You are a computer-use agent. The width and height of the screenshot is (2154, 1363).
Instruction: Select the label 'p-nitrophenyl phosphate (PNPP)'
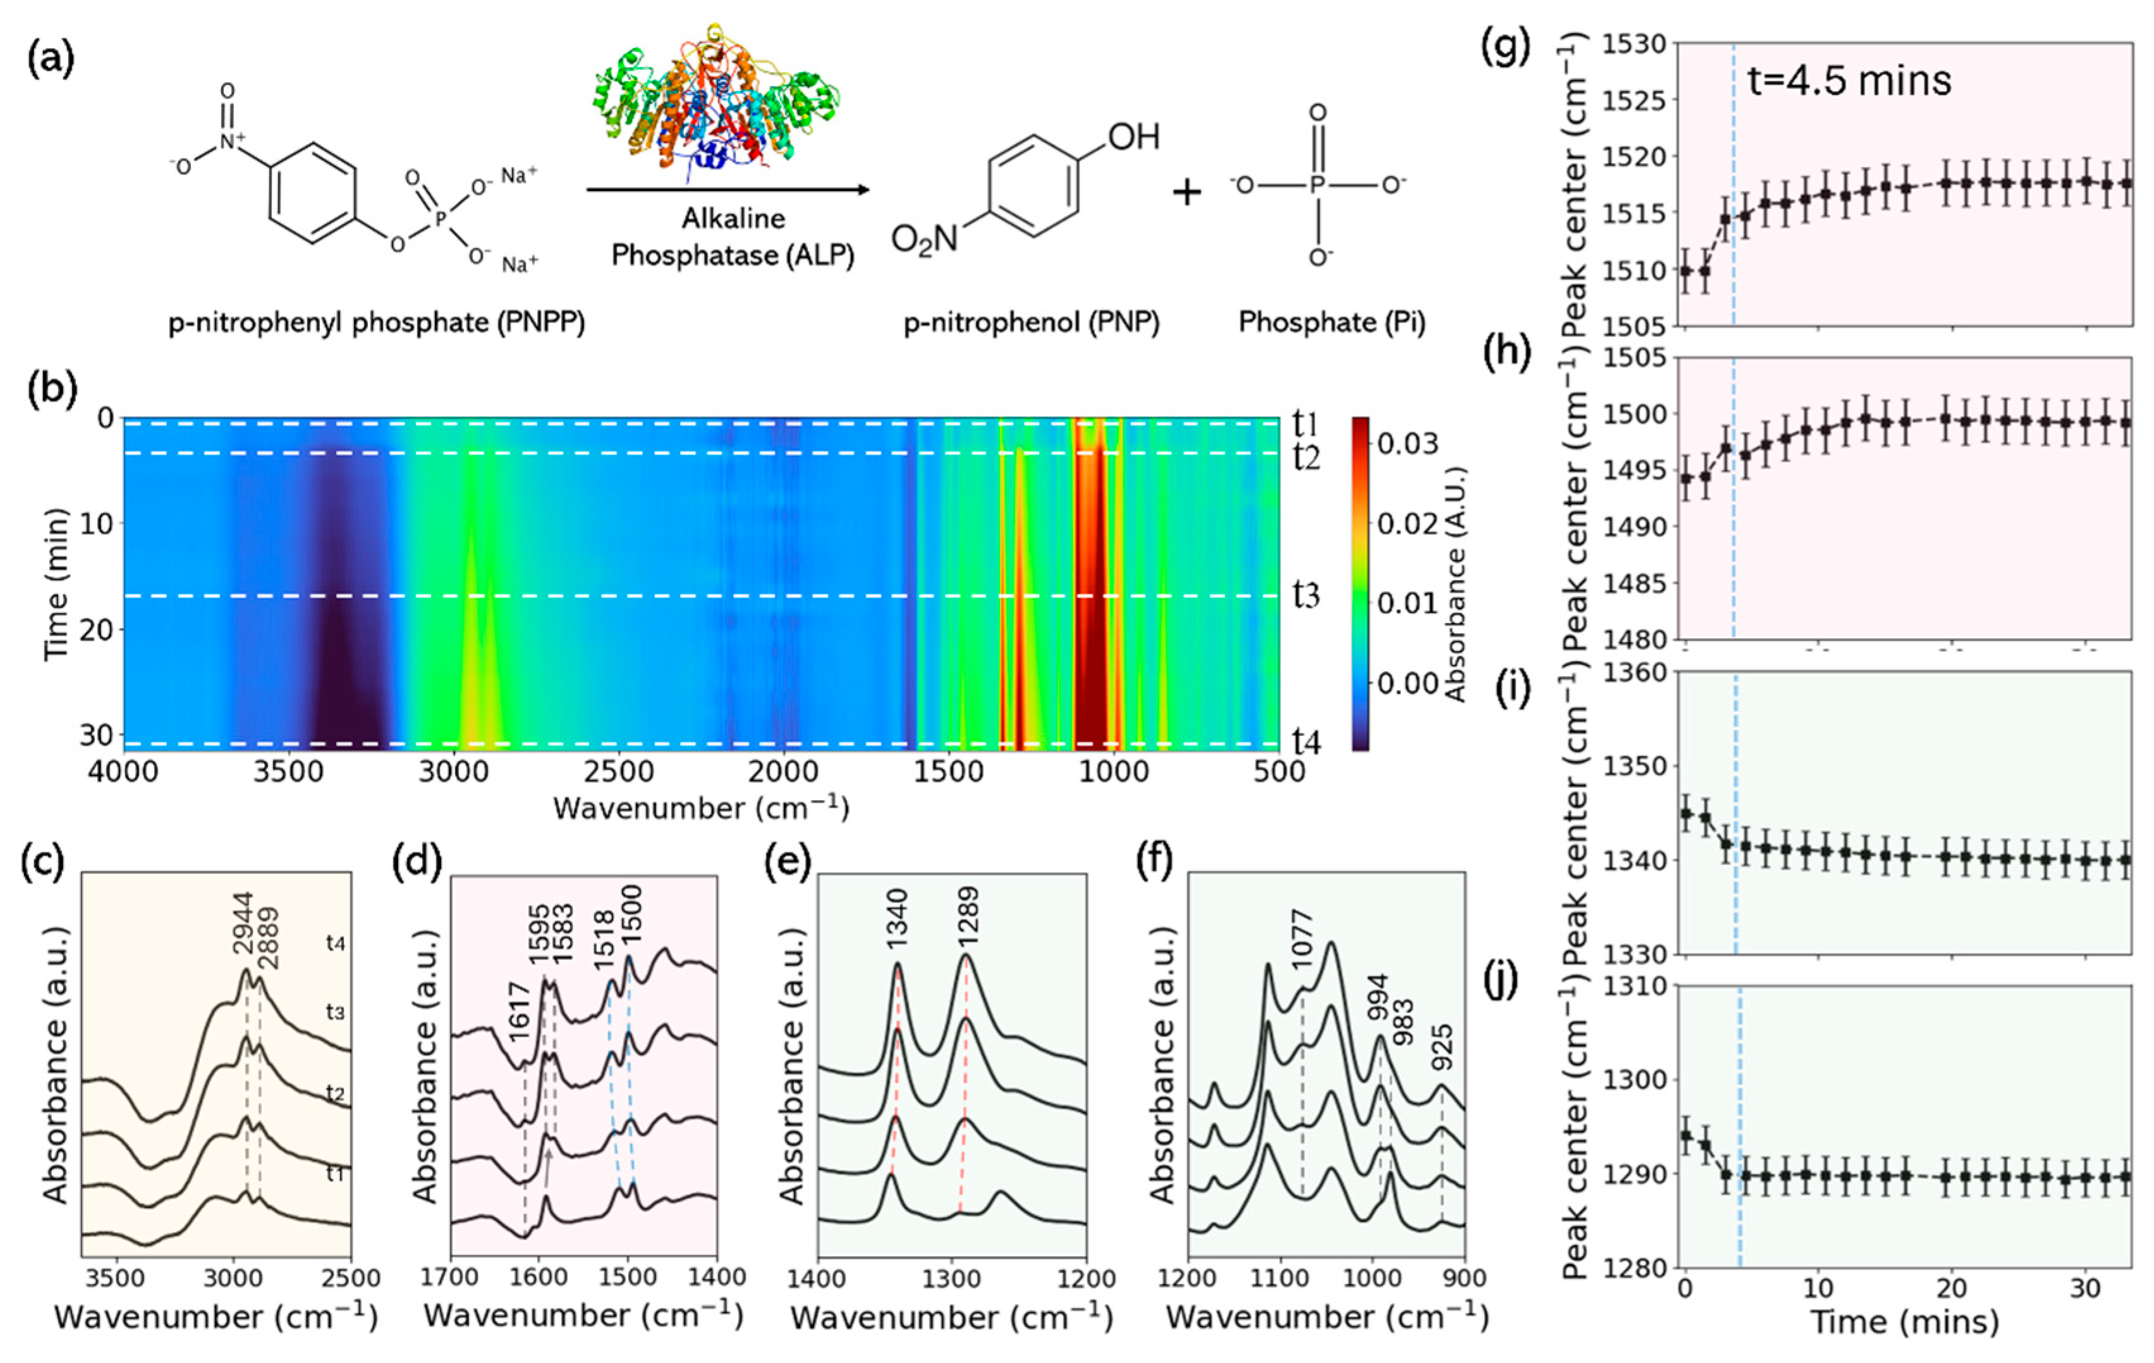coord(377,322)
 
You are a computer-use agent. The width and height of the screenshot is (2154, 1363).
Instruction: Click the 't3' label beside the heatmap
coord(1306,595)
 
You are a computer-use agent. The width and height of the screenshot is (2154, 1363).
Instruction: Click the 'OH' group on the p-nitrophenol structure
coord(1133,137)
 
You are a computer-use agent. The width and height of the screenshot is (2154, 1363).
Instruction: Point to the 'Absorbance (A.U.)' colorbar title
coord(1456,584)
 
